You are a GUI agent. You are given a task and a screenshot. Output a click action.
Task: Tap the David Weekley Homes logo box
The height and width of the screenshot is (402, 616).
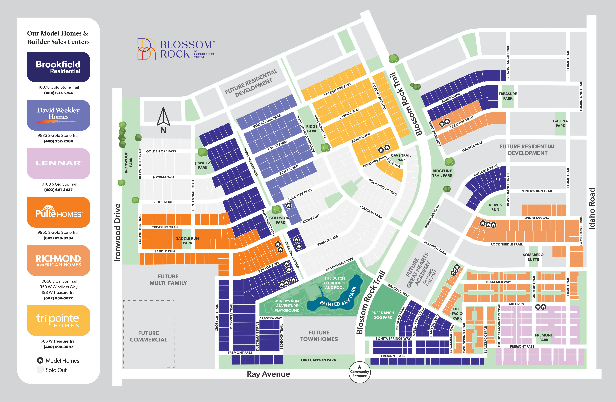[x=58, y=115]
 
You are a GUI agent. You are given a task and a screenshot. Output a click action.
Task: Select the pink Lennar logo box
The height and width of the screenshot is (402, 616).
[x=58, y=163]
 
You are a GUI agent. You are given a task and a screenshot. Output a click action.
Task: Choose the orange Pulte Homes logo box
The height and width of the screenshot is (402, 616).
[x=58, y=212]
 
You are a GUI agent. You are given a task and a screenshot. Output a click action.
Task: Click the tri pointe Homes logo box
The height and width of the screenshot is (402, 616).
[x=58, y=320]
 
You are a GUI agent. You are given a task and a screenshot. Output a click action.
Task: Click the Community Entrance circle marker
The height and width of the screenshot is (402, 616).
[x=359, y=372]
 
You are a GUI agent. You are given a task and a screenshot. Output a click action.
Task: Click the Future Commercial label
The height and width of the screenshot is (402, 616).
[x=149, y=336]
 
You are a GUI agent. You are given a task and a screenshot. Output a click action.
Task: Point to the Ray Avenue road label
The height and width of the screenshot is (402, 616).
[x=268, y=374]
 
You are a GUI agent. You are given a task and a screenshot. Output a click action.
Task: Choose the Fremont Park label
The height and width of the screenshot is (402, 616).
[x=544, y=338]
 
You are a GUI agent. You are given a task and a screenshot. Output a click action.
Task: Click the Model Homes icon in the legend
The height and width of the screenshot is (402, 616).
[x=40, y=360]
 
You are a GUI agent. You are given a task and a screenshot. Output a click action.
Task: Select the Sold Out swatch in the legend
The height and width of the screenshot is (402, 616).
[x=40, y=370]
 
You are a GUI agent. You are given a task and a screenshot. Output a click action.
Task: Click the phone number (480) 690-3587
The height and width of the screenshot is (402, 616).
[x=58, y=347]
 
